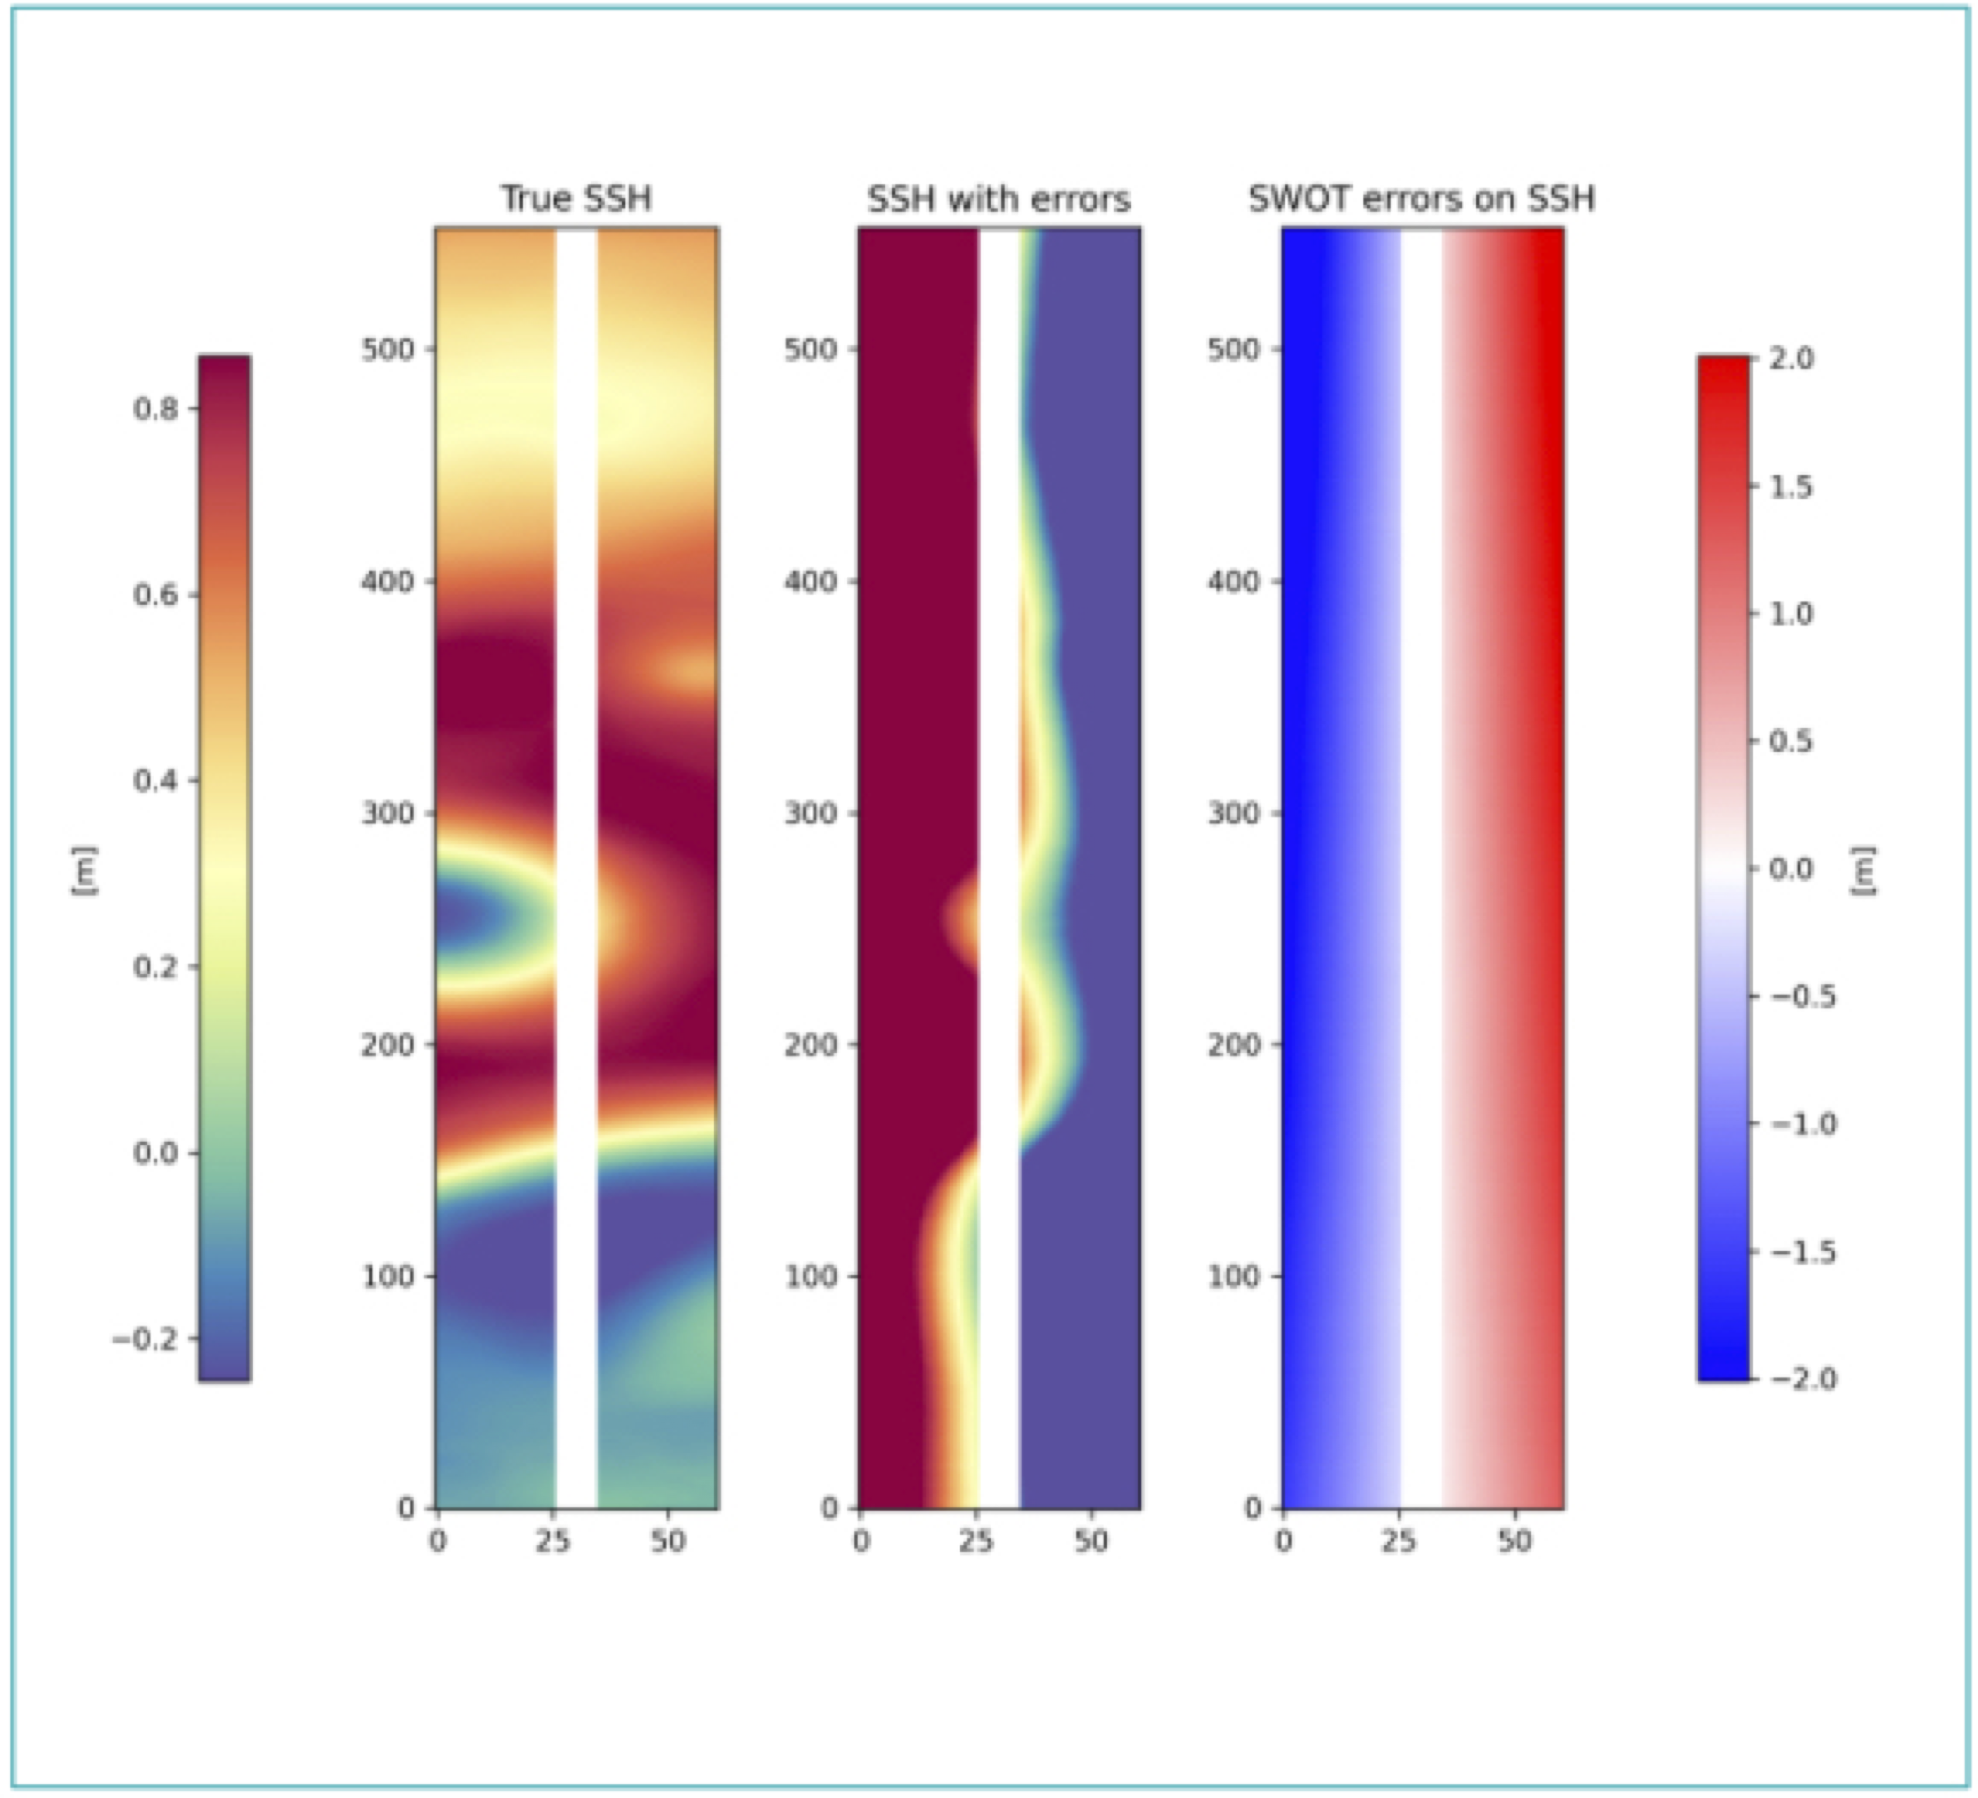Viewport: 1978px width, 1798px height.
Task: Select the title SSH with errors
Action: pos(999,199)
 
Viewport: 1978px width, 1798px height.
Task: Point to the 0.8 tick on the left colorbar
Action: pos(157,409)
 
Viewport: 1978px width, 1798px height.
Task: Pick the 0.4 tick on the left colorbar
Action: pos(157,781)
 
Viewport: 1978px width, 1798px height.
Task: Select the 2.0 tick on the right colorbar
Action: pos(1792,359)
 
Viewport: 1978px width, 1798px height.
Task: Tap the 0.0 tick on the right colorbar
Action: pos(1792,869)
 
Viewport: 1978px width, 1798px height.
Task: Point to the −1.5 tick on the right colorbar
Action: pos(1803,1252)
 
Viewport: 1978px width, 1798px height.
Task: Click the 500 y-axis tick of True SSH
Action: pos(387,350)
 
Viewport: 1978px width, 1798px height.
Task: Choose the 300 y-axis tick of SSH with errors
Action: pos(811,813)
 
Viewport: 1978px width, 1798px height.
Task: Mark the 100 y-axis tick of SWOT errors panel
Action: pos(1233,1276)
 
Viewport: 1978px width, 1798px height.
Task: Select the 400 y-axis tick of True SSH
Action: pos(387,581)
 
